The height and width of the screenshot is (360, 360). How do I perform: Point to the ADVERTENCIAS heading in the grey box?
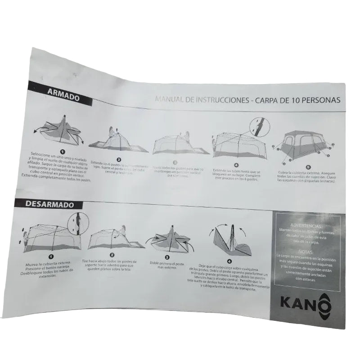(x=306, y=225)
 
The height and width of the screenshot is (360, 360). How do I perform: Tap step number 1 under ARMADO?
(x=63, y=152)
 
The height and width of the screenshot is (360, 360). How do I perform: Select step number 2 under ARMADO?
(x=119, y=159)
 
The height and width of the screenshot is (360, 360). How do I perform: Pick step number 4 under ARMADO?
(x=235, y=165)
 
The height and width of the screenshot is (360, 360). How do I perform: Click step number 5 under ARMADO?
(x=308, y=166)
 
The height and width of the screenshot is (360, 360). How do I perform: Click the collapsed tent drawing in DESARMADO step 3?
(x=172, y=238)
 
